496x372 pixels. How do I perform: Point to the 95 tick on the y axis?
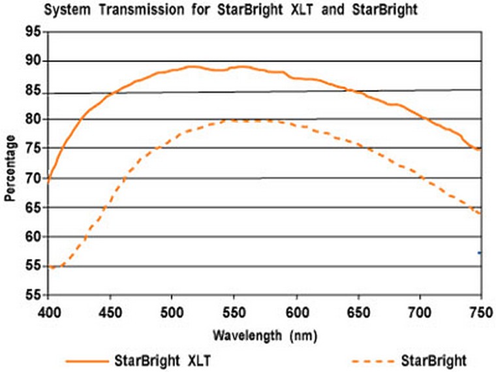pos(33,32)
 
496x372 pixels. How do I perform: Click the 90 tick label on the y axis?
pos(33,61)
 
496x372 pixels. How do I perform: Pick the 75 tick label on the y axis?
pos(33,148)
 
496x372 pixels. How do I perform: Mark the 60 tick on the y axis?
pos(33,236)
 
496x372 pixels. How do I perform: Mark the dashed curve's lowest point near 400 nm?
pos(52,267)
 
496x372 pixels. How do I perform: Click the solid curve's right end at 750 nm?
pos(480,150)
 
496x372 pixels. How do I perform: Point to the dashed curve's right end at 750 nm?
pos(480,213)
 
